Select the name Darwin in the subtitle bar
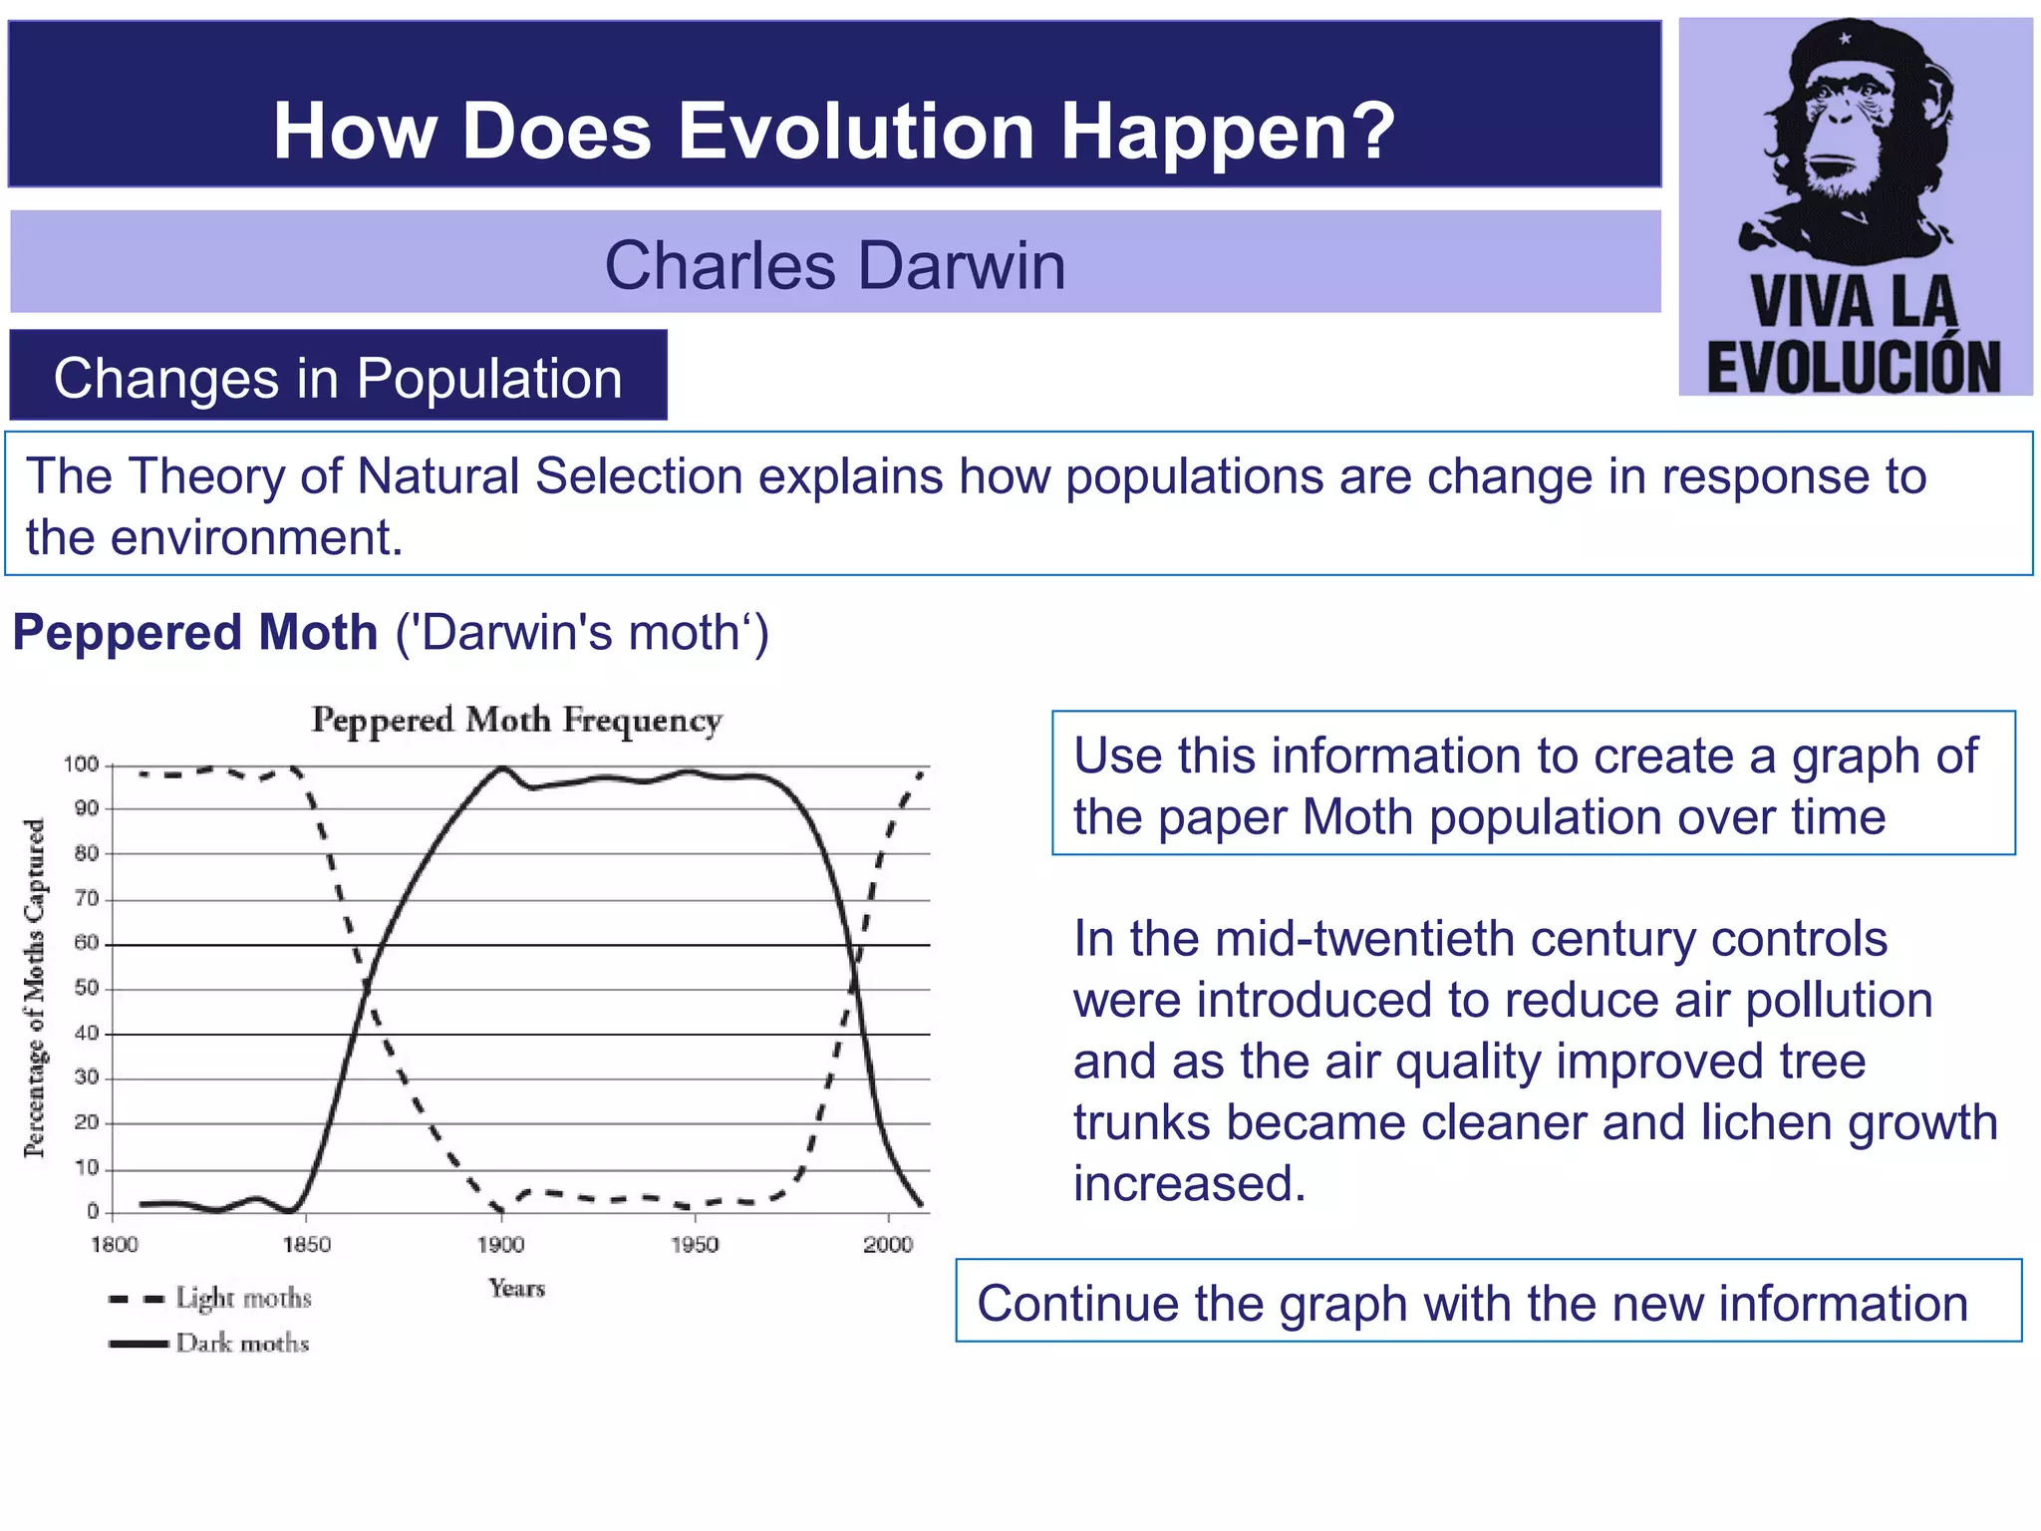tap(961, 266)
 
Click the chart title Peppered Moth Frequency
tap(516, 721)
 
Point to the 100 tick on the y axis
tap(82, 765)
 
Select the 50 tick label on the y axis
tap(87, 988)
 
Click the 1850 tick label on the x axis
tap(306, 1244)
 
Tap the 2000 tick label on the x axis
tap(887, 1244)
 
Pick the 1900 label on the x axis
tap(500, 1244)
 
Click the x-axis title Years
tap(516, 1288)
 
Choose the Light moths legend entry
tap(243, 1298)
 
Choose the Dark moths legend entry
tap(242, 1343)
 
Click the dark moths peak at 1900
tap(502, 767)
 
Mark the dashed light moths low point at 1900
tap(499, 1209)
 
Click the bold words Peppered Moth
tap(195, 632)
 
